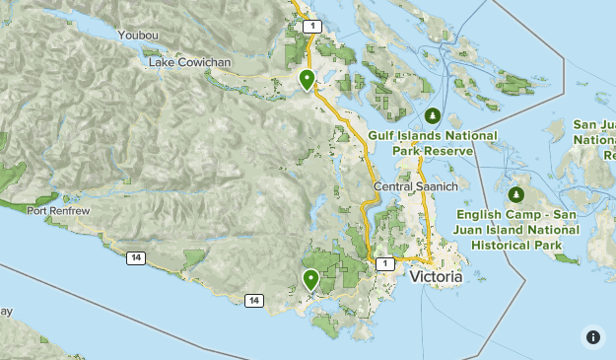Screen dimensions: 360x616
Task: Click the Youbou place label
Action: (137, 36)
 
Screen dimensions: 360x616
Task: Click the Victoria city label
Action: (435, 278)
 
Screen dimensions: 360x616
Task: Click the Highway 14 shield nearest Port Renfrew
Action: (135, 257)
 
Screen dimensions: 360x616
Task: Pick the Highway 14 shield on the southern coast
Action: (254, 300)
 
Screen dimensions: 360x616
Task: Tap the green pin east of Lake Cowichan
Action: (308, 79)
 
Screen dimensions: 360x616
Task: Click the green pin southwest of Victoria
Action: (311, 280)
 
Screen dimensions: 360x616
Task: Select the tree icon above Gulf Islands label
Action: (432, 115)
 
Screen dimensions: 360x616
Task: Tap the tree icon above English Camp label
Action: (516, 193)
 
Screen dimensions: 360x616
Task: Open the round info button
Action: (592, 336)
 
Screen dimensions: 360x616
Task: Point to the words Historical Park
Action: (516, 244)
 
